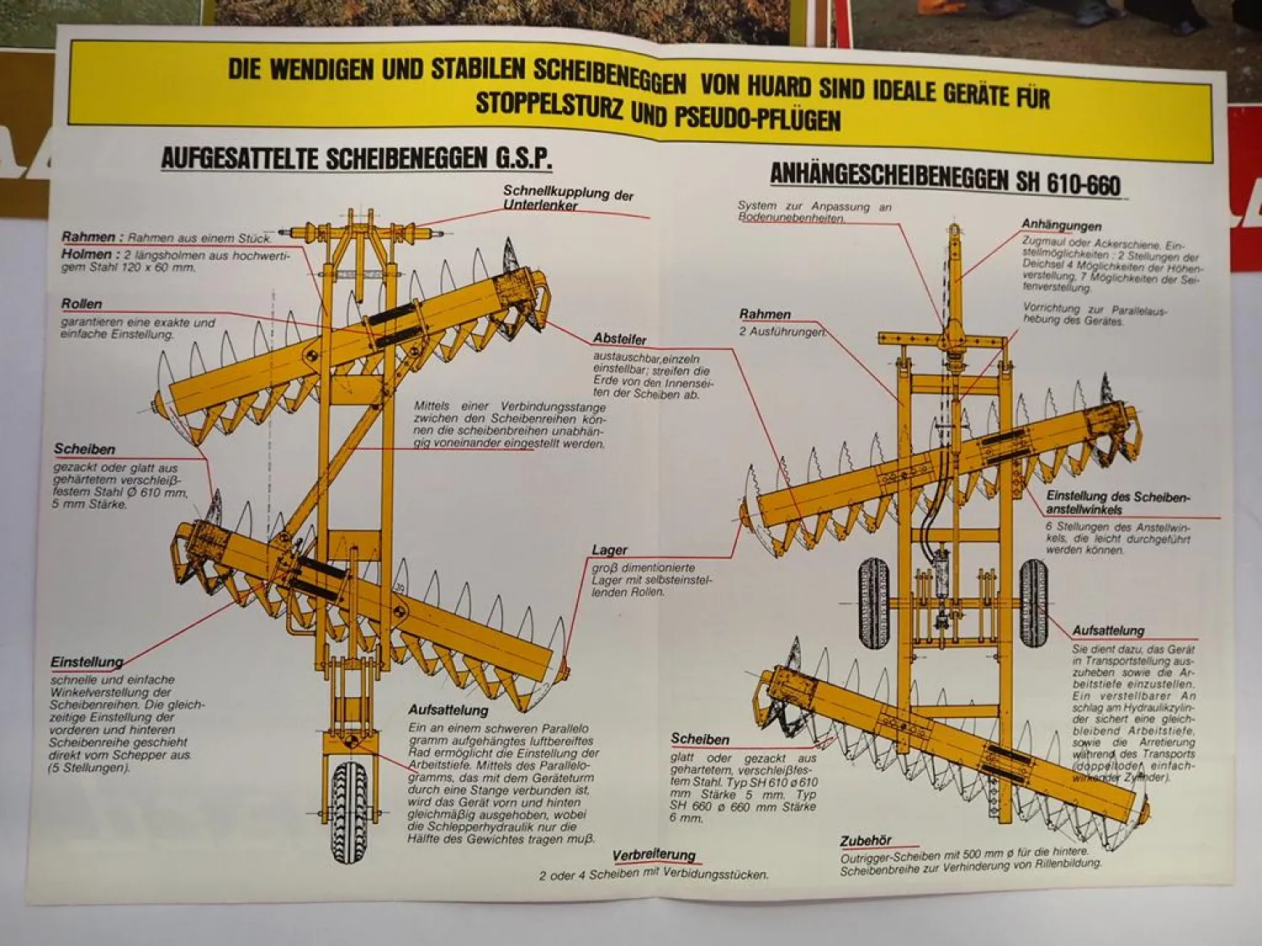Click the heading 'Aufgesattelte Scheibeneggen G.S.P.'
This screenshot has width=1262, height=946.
(x=356, y=157)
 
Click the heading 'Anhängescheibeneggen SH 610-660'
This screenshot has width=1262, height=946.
(x=945, y=178)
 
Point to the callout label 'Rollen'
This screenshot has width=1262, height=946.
(x=82, y=304)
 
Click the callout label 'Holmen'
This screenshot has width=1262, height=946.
(x=86, y=254)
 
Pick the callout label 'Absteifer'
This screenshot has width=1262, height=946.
(x=619, y=339)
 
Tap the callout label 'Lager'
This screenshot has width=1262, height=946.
(x=609, y=550)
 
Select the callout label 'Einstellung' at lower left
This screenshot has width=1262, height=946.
(x=87, y=662)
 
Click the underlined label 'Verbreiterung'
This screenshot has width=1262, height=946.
(x=654, y=855)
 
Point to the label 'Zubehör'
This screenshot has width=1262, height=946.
(x=865, y=841)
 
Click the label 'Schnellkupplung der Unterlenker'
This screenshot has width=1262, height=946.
(x=567, y=198)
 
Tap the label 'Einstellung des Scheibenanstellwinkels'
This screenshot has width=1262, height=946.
(x=1117, y=503)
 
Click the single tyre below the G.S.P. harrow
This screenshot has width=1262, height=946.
(x=349, y=812)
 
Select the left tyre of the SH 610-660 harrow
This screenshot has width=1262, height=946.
(x=873, y=603)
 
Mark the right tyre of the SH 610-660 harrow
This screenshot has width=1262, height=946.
(x=1033, y=603)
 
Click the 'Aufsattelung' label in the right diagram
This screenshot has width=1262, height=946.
(x=1108, y=630)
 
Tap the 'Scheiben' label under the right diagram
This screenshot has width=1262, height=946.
(x=700, y=739)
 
